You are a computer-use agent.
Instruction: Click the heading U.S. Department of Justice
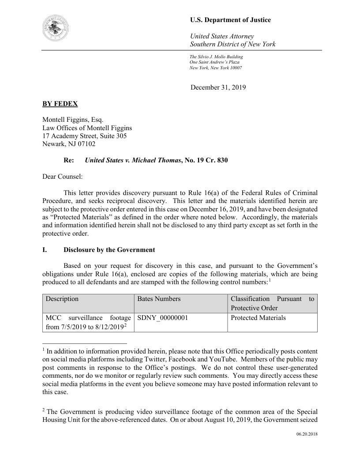coord(230,20)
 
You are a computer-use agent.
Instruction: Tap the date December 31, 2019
coord(218,87)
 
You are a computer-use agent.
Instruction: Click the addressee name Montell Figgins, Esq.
coord(73,120)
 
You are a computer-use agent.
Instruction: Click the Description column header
coord(62,299)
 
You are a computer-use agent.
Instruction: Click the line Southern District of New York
coord(232,44)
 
